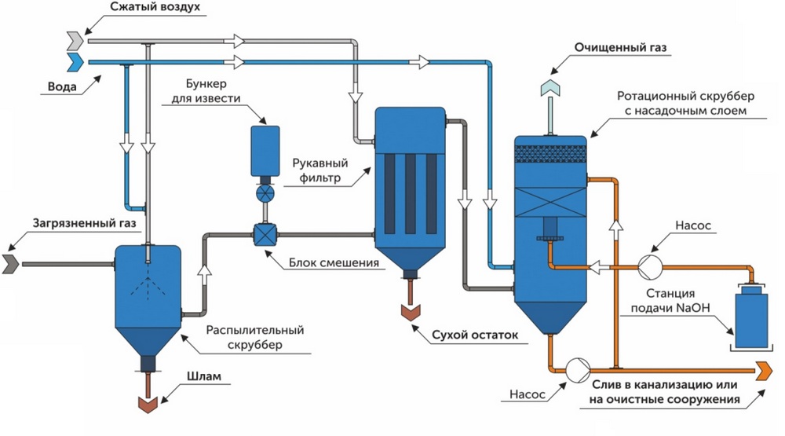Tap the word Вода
point(61,87)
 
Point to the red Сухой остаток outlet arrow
point(409,310)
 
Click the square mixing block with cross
point(263,233)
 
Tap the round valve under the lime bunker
point(265,192)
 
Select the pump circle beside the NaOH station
point(648,266)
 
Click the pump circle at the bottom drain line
point(578,367)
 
